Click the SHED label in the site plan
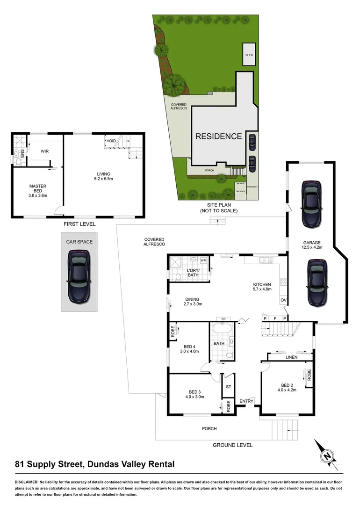pos(249,55)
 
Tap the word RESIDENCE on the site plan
pos(218,137)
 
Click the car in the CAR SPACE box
pos(79,276)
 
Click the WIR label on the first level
pos(45,151)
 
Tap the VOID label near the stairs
pos(111,141)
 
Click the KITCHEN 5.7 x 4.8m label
pos(262,287)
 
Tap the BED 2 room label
pos(287,387)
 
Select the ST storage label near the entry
pos(228,387)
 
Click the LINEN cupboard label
pos(291,358)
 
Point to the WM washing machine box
pos(203,260)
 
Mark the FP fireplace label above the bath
pos(223,319)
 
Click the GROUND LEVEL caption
pos(232,445)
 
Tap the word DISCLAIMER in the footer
pos(29,481)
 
